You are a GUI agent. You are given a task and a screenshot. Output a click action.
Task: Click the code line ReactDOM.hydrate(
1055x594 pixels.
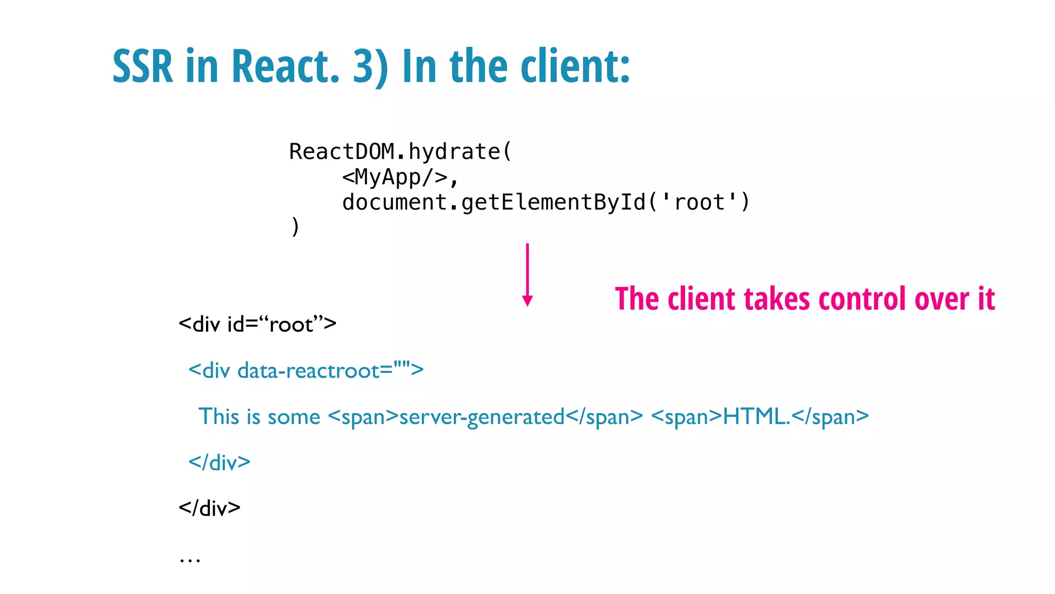(x=400, y=152)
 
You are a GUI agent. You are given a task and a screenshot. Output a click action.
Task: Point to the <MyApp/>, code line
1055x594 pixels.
(x=400, y=177)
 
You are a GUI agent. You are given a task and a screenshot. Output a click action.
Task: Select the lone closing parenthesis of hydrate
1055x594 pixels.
(x=295, y=226)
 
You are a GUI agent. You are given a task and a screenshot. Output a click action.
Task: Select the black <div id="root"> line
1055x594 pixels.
(x=257, y=324)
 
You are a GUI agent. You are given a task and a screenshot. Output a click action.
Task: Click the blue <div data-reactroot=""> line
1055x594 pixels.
(x=306, y=370)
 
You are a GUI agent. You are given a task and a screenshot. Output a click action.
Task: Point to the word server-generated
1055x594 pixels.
(x=482, y=417)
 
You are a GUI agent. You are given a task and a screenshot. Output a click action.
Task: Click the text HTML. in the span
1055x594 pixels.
(x=756, y=416)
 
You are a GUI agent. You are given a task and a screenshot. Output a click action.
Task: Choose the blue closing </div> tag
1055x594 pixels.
(x=219, y=462)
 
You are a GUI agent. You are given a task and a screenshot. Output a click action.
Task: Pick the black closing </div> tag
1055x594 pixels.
(x=209, y=508)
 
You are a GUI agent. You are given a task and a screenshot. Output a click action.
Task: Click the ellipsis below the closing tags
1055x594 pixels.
(x=190, y=559)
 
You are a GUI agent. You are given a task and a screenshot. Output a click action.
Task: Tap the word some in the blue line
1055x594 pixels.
(x=294, y=417)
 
